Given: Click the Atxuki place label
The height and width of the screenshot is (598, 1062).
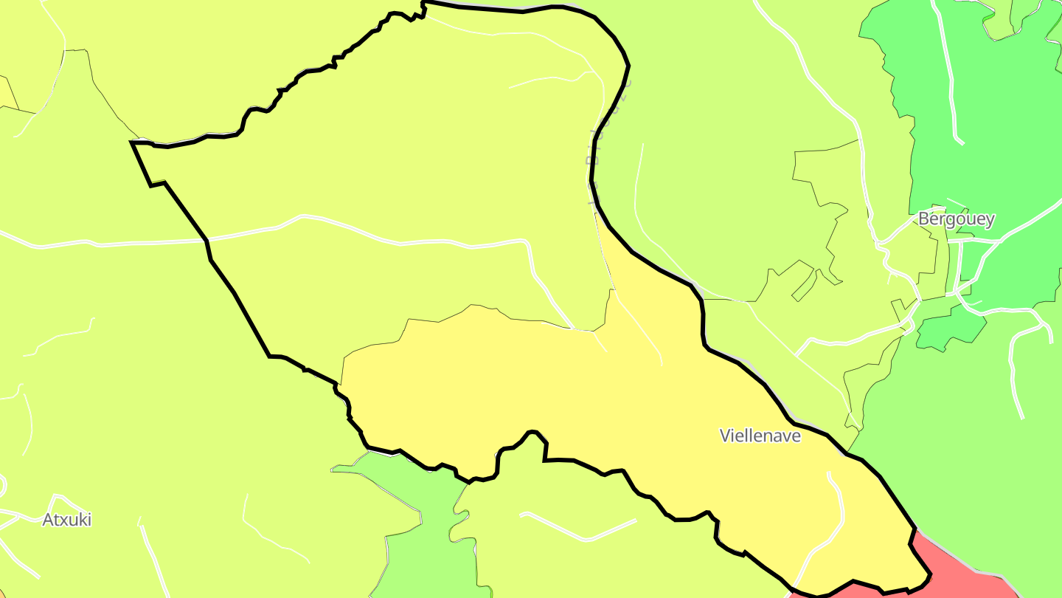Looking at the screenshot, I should coord(66,520).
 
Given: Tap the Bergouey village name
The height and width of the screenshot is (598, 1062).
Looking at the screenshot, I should coord(956,219).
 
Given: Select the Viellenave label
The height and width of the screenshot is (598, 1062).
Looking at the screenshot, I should coord(760,436).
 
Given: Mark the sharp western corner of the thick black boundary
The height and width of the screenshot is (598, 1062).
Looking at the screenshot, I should coord(133,142).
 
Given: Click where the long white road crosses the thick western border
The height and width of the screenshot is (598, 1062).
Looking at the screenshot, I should coord(207,240).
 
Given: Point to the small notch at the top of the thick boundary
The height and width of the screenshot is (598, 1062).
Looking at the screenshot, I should coord(424,9).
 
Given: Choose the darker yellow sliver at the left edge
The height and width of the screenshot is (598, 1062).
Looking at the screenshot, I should coord(7,92).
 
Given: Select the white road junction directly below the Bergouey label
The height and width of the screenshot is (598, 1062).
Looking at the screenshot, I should coord(958,241).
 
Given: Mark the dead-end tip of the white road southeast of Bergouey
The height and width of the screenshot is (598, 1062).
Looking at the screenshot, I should coord(1021,416).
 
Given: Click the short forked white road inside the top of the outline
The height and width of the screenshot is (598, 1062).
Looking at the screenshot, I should coord(560,78).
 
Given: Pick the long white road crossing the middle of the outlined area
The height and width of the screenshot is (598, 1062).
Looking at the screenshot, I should coord(413,241).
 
